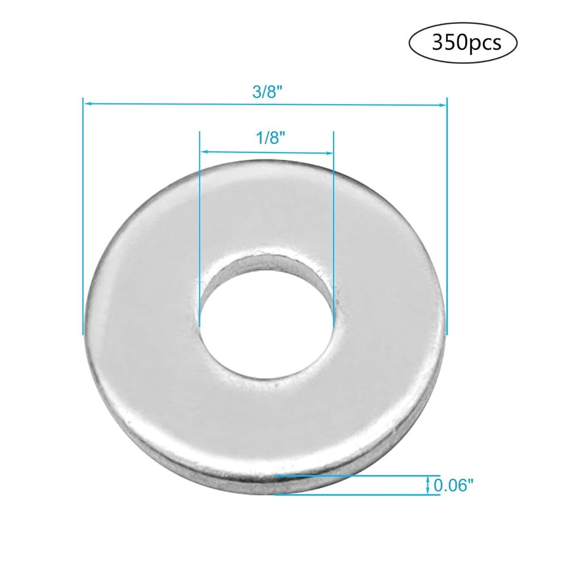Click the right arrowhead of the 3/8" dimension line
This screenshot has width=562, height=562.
tap(443, 104)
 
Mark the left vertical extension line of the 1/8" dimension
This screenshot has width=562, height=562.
tap(200, 234)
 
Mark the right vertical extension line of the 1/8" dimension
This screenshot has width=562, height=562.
tap(333, 234)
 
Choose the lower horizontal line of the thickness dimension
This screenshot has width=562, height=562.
tap(357, 495)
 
